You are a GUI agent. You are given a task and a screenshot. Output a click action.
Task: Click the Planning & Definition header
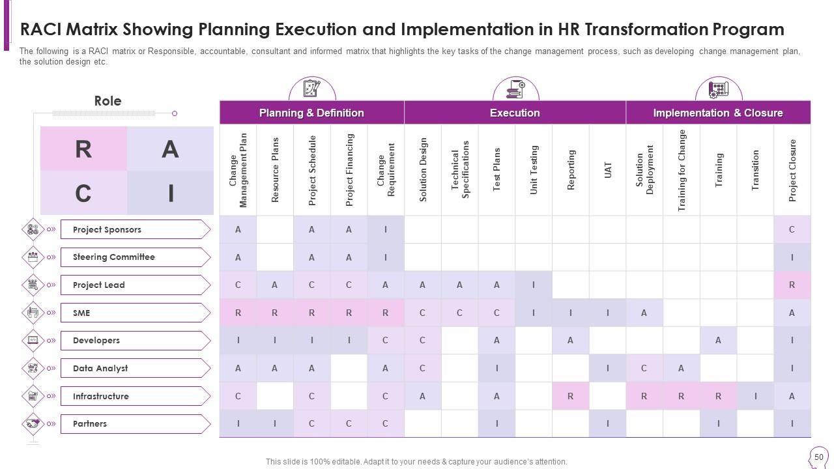tap(311, 113)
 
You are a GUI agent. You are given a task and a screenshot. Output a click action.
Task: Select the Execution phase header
tap(515, 113)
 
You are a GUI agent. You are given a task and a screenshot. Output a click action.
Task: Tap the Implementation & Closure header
tap(718, 113)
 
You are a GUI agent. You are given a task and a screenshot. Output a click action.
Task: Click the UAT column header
tap(608, 170)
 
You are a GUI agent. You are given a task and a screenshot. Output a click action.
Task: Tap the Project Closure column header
tap(792, 170)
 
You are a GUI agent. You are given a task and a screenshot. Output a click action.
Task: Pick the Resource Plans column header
tap(275, 170)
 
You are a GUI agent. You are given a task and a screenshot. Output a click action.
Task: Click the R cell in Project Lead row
tap(792, 285)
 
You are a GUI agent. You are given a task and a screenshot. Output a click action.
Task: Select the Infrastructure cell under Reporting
tap(571, 396)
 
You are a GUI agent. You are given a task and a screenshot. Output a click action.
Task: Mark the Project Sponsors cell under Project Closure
tap(792, 229)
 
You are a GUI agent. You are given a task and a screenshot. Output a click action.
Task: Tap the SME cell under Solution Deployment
tap(644, 313)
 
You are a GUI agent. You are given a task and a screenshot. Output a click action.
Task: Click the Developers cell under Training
tap(718, 340)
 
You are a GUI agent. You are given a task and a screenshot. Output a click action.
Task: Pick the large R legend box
tap(83, 149)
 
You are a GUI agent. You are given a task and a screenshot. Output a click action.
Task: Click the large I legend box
tap(171, 193)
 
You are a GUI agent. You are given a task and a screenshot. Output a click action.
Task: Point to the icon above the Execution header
tap(515, 89)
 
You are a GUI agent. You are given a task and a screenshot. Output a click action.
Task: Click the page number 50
tap(819, 457)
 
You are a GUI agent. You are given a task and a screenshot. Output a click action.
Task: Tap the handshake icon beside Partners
tap(33, 424)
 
